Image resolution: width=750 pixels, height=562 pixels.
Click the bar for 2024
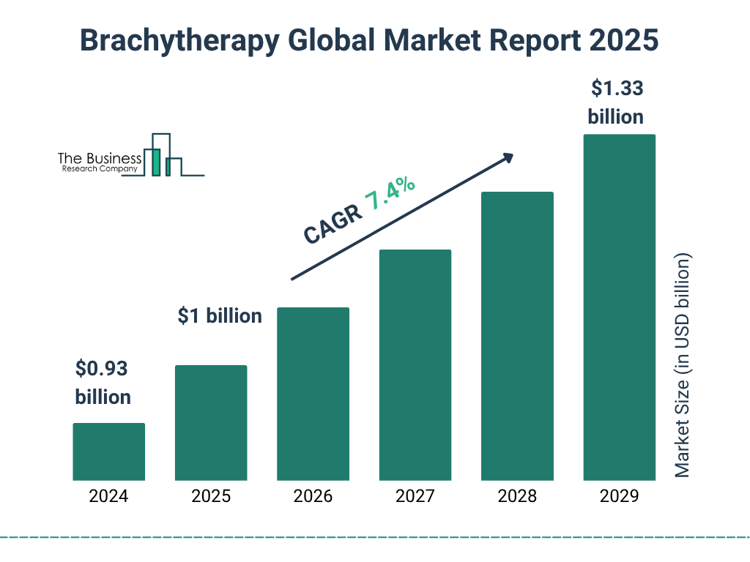(x=108, y=452)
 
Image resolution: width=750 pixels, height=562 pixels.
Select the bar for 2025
(x=211, y=422)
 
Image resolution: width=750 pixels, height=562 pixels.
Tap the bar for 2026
(x=313, y=394)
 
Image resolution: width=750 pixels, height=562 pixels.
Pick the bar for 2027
(x=415, y=364)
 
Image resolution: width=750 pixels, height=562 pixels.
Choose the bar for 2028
(x=517, y=336)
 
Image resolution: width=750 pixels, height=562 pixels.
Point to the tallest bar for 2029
(x=619, y=307)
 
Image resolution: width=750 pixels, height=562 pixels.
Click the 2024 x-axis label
(x=108, y=496)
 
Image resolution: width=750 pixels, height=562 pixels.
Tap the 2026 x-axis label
(x=313, y=496)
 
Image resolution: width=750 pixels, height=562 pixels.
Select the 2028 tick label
(x=517, y=496)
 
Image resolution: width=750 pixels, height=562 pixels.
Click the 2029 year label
(x=619, y=496)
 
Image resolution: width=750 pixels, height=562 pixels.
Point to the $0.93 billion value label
(x=103, y=382)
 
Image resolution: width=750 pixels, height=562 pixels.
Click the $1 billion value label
(x=220, y=315)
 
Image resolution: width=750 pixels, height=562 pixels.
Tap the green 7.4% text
(x=390, y=193)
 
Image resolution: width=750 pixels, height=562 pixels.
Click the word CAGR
(x=332, y=225)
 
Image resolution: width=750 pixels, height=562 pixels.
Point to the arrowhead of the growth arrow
(x=507, y=157)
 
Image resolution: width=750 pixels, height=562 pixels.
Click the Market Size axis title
(x=682, y=366)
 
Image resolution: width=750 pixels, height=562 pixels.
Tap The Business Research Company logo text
(x=99, y=162)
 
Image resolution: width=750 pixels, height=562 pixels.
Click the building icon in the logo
(x=164, y=155)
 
